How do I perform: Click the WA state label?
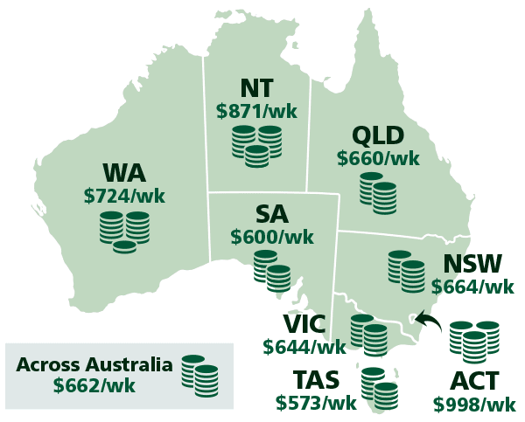pos(124,172)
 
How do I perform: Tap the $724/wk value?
pos(124,196)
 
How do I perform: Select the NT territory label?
pos(256,88)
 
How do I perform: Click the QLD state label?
pos(378,136)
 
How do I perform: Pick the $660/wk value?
pos(378,159)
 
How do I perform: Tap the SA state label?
pos(271,214)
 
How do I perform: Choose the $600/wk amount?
pos(271,237)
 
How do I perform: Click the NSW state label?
pos(473,264)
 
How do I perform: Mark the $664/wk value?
pos(473,287)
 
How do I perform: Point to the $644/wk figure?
pos(304,347)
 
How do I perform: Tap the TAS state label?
pos(316,381)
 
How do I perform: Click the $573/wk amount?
pos(316,404)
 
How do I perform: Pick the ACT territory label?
pos(474,382)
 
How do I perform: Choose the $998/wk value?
pos(474,405)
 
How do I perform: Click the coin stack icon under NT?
pos(256,145)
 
